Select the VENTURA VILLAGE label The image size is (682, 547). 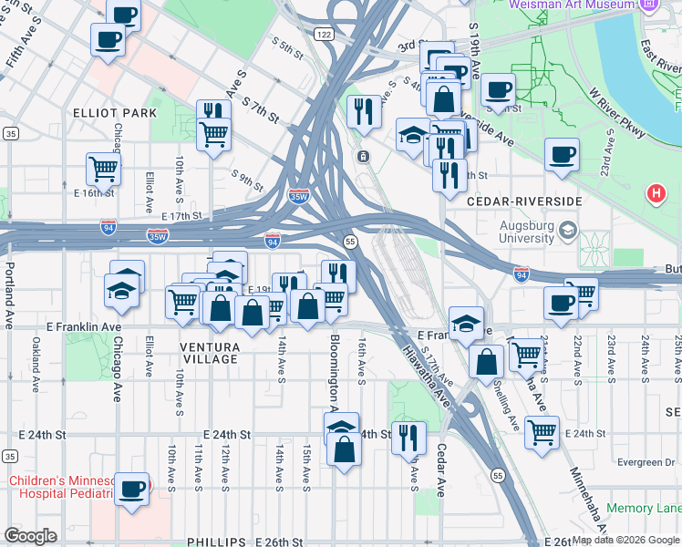tap(196, 353)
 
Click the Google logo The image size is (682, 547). tap(30, 536)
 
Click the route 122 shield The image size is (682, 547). tap(324, 34)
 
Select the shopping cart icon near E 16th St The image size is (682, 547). tap(103, 169)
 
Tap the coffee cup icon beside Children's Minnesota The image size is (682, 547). tap(132, 489)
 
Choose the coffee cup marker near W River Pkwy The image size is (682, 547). tap(562, 154)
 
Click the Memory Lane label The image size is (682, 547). tap(644, 508)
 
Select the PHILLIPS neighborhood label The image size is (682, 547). tap(217, 542)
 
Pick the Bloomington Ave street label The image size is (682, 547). tap(334, 374)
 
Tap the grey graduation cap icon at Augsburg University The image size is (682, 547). tap(569, 228)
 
